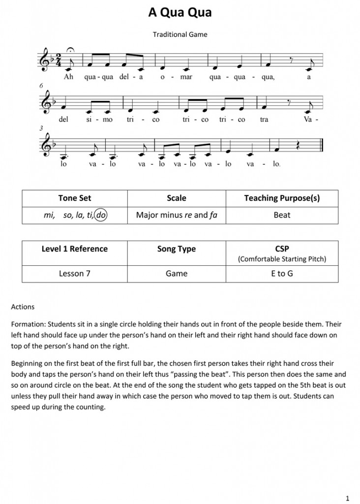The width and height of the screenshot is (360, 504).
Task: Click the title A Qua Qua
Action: pyautogui.click(x=180, y=13)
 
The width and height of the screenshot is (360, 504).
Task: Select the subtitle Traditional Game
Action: pyautogui.click(x=180, y=34)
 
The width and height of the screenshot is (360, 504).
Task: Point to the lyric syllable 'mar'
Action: pyautogui.click(x=185, y=77)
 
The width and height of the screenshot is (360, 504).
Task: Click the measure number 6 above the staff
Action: pyautogui.click(x=42, y=86)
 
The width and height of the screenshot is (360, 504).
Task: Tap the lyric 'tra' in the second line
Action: pyautogui.click(x=264, y=120)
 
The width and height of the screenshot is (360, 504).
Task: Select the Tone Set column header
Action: pyautogui.click(x=75, y=198)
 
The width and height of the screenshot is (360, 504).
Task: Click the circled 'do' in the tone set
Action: pyautogui.click(x=102, y=215)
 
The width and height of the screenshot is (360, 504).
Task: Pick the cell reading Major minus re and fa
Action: pyautogui.click(x=177, y=215)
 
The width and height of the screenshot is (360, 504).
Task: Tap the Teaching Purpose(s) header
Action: pyautogui.click(x=282, y=198)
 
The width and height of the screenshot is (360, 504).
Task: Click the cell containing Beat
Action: pyautogui.click(x=282, y=215)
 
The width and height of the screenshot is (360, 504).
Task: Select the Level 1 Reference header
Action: pyautogui.click(x=75, y=249)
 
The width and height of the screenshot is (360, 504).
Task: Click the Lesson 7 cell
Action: pyautogui.click(x=75, y=273)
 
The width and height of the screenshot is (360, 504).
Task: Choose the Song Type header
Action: pyautogui.click(x=177, y=249)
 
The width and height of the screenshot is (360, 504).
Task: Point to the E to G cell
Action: pyautogui.click(x=282, y=273)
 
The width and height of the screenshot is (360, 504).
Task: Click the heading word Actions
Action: pyautogui.click(x=23, y=307)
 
